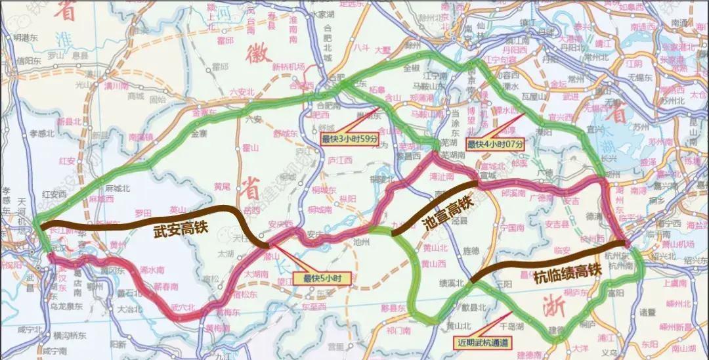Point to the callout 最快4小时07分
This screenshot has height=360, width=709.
click(496, 143)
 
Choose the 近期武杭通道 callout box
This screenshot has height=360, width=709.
click(481, 342)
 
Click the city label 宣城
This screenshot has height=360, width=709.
click(486, 175)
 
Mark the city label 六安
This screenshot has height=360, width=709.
click(252, 120)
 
